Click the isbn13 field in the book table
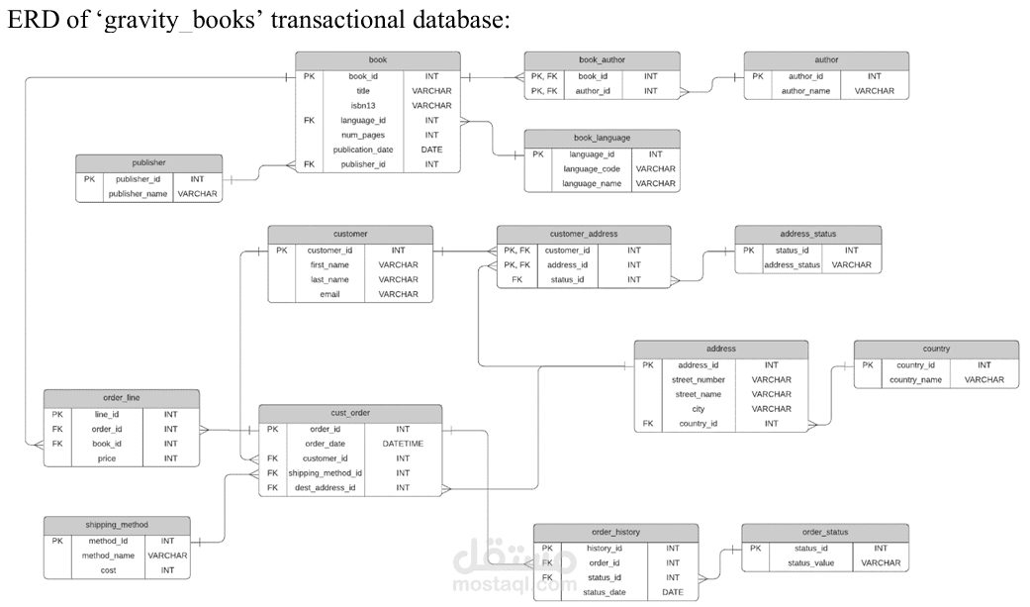(362, 105)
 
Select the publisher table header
(149, 163)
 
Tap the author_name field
(805, 91)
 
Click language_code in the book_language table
(592, 169)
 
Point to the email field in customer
(329, 294)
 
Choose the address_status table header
(808, 234)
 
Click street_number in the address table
(698, 379)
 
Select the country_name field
(915, 379)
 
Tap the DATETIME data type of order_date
(403, 444)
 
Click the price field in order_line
(107, 458)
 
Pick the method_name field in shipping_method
(108, 556)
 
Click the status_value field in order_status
(810, 563)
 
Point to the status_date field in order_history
(605, 592)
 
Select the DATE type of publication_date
(431, 150)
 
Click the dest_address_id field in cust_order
(325, 487)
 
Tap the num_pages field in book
(362, 135)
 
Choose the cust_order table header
(350, 413)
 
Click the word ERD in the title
(31, 20)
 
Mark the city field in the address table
(698, 409)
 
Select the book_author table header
(602, 59)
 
